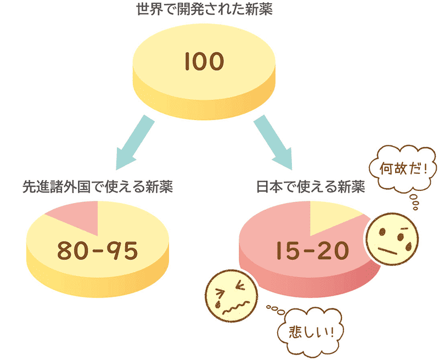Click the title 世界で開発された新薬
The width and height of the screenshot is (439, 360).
[x=204, y=10]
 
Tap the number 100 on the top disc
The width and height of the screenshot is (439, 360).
[x=204, y=61]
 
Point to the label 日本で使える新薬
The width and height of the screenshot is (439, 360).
[x=311, y=187]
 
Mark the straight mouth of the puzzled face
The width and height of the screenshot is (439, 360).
[x=389, y=251]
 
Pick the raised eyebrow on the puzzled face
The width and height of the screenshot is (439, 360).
[x=403, y=227]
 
